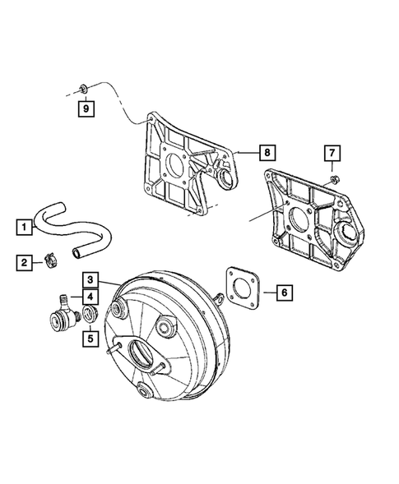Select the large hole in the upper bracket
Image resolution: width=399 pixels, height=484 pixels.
click(x=178, y=164)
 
